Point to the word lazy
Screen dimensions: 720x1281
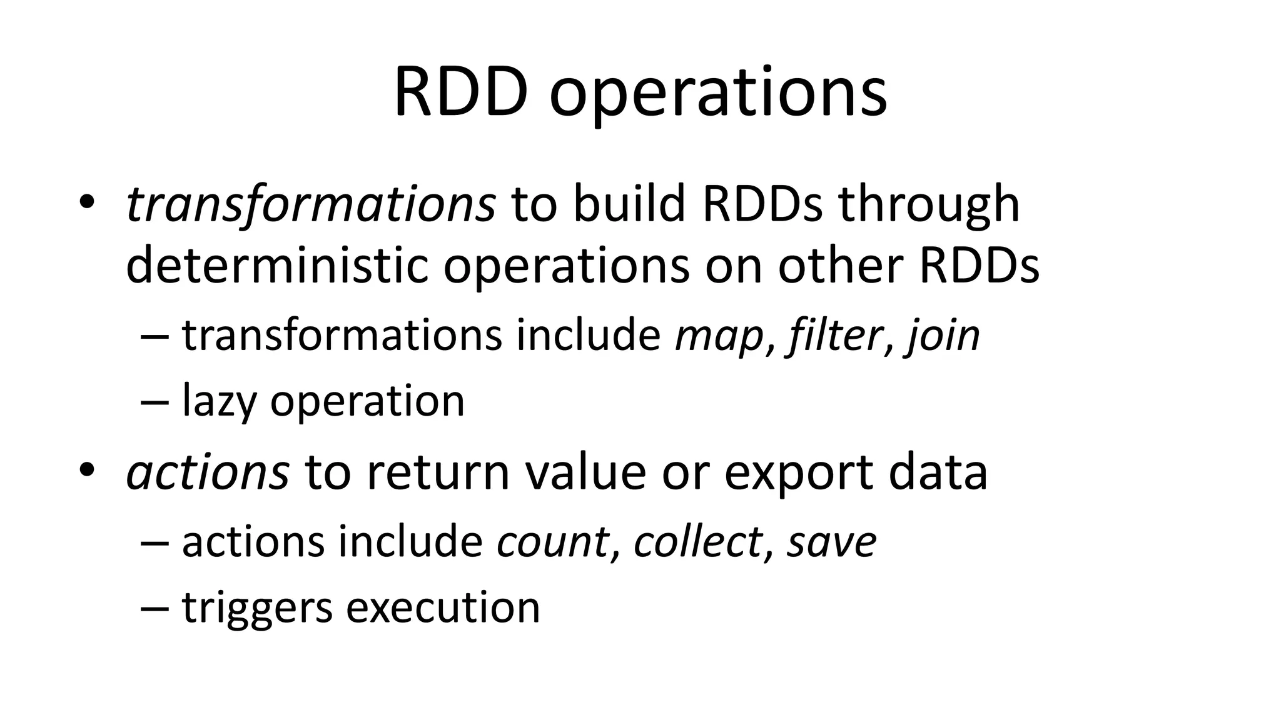(x=218, y=401)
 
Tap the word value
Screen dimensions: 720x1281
(x=585, y=472)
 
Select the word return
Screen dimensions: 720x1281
(x=438, y=472)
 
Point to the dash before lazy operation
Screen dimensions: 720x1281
(x=155, y=402)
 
